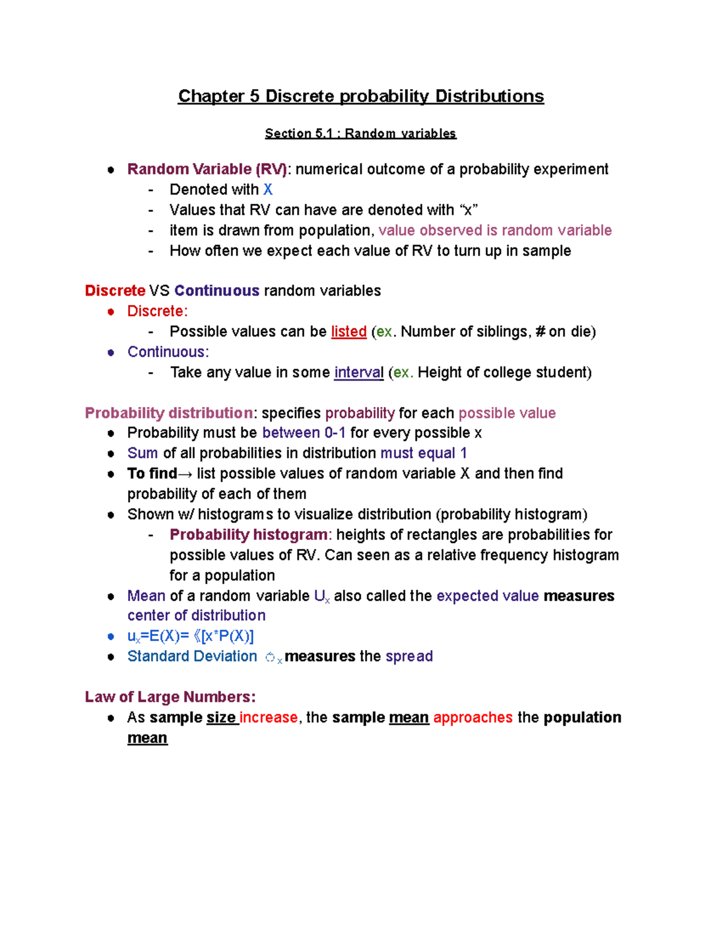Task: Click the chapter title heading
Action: tap(361, 96)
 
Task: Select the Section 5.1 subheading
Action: tap(360, 134)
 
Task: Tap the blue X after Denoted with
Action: tap(268, 190)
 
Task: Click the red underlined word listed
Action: tap(348, 332)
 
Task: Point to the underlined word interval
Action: tap(359, 373)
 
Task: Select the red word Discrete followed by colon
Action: tap(157, 311)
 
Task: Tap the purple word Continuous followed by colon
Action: tap(168, 352)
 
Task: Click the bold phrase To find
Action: tap(152, 474)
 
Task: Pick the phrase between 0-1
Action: tap(304, 433)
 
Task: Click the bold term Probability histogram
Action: tap(248, 535)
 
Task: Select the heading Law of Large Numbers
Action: tap(170, 697)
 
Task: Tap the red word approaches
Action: tap(473, 718)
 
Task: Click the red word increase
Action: tap(268, 718)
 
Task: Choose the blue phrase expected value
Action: tap(487, 596)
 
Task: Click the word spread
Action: tap(409, 656)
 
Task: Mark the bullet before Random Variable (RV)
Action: tap(111, 170)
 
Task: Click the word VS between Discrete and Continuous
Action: tap(159, 291)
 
